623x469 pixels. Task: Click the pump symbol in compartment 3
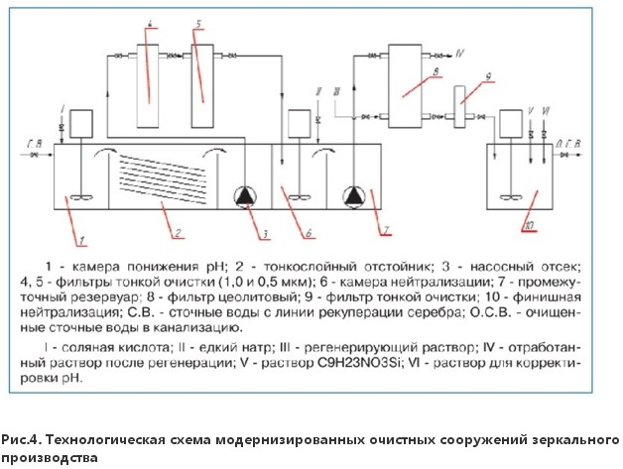click(244, 196)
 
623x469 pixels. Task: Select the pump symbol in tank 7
click(354, 196)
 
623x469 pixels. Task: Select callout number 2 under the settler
click(176, 234)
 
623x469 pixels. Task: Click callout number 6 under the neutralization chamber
click(309, 236)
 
